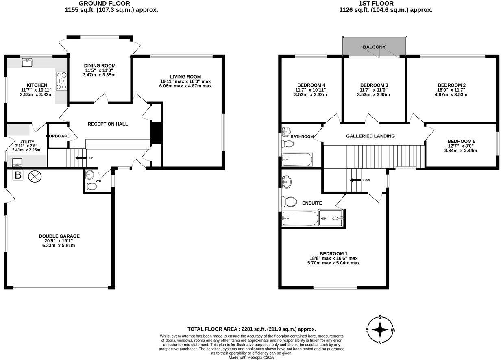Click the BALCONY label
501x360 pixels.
point(374,47)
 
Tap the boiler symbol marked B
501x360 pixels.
point(18,176)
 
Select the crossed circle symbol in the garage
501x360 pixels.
point(36,176)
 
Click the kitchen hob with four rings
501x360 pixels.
point(62,81)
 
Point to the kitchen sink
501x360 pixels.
point(28,62)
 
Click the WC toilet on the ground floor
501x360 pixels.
point(91,186)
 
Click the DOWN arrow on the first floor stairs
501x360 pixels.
point(355,180)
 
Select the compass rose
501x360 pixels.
point(380,329)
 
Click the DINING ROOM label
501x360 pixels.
point(100,65)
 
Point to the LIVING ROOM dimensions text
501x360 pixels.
point(185,83)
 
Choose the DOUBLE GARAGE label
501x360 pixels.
point(59,236)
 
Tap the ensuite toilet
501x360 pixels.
point(290,202)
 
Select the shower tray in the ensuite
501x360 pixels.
point(331,218)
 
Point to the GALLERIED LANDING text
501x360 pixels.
point(370,136)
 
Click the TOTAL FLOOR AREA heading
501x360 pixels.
point(251,329)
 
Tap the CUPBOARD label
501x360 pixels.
point(59,136)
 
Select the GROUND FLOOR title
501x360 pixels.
point(99,3)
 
